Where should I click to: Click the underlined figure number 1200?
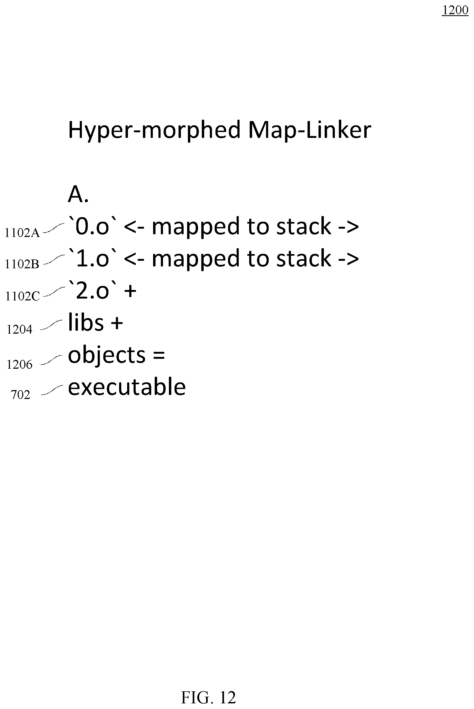pos(455,10)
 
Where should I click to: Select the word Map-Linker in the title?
pos(310,130)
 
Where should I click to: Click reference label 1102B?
pos(22,264)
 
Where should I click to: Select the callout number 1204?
pos(19,329)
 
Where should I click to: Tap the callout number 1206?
pos(19,364)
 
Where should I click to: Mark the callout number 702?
pos(21,395)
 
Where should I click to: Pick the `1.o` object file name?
pos(93,258)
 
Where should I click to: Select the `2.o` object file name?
pos(93,290)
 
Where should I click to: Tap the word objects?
pos(107,356)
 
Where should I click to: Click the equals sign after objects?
pos(159,355)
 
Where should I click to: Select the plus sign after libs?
pos(117,323)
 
